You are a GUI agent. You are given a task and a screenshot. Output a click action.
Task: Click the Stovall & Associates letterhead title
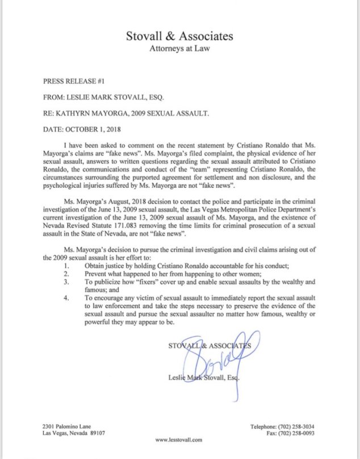[179, 37]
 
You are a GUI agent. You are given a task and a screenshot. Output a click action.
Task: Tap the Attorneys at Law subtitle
[179, 49]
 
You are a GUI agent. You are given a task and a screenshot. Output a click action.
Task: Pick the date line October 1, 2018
[86, 130]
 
